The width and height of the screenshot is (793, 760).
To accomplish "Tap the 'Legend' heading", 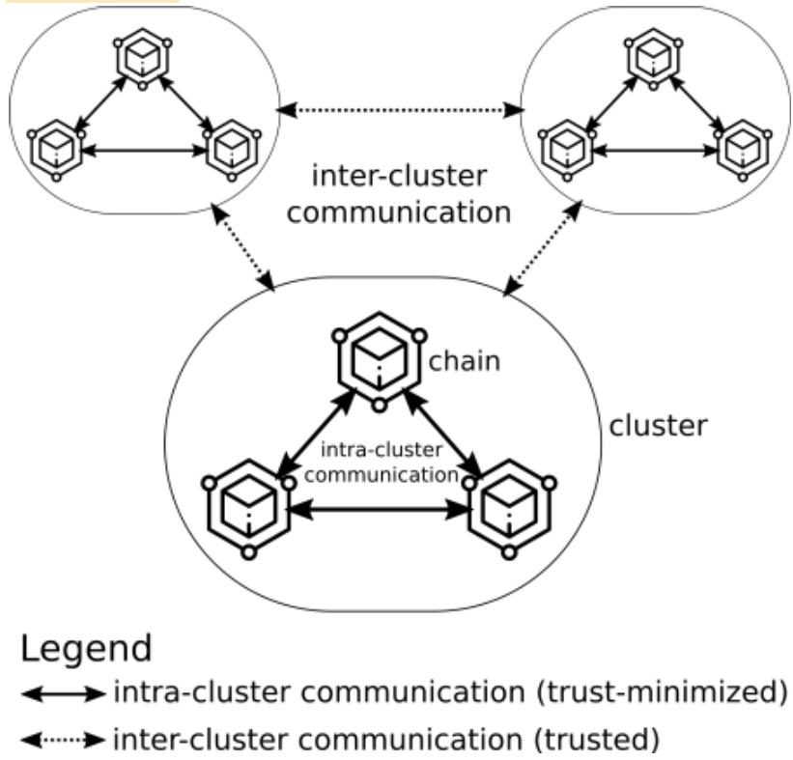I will [x=85, y=648].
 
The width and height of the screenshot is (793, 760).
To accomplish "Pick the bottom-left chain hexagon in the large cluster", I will [x=248, y=505].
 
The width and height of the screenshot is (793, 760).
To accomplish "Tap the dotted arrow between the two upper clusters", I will [x=400, y=111].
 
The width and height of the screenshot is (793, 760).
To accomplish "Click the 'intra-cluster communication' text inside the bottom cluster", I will [x=380, y=462].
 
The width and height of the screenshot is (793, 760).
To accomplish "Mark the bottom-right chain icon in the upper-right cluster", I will [x=742, y=150].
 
